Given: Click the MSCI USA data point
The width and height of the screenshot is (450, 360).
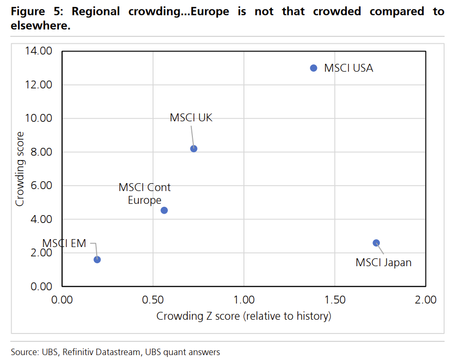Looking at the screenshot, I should (314, 68).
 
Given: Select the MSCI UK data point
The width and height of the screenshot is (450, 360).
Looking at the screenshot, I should (194, 148).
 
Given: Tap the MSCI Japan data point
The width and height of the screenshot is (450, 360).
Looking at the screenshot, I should (376, 243).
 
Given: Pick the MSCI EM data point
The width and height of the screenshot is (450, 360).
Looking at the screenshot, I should (97, 259).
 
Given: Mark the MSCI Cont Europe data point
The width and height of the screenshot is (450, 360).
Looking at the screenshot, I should (164, 210).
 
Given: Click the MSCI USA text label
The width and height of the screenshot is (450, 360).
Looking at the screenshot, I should (348, 68).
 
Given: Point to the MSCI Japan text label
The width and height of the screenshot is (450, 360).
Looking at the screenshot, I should (383, 263).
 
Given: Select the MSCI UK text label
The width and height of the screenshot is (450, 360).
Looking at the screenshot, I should (191, 118).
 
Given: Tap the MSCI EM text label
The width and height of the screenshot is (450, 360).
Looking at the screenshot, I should (64, 243).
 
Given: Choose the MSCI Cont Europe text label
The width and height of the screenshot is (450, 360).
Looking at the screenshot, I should (145, 194).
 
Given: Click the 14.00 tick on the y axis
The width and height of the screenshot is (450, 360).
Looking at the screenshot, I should (38, 51).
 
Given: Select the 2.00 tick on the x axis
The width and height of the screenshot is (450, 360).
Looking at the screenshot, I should (424, 300).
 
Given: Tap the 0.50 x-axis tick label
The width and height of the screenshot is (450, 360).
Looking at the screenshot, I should (153, 300).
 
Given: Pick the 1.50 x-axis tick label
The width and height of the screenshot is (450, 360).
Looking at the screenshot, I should (334, 300).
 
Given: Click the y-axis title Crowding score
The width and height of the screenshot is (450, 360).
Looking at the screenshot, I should (20, 168).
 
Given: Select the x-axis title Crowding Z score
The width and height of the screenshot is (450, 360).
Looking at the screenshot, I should (244, 316).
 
